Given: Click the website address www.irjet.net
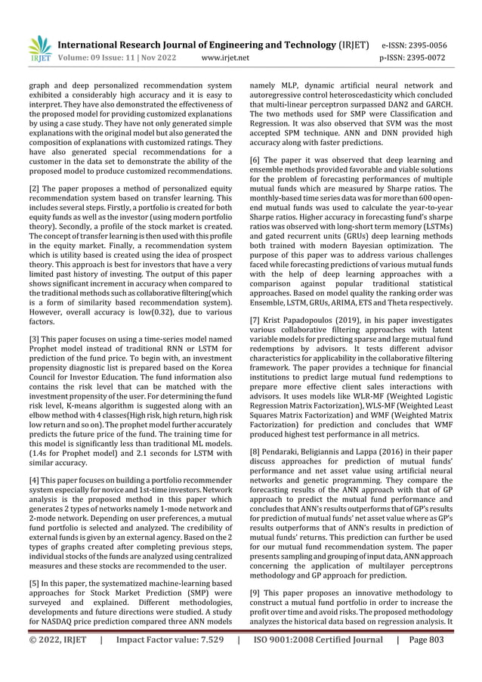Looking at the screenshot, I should click(227, 57).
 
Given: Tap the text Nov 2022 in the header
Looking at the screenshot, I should click(155, 57).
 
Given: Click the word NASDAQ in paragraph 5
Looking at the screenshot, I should click(54, 622).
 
